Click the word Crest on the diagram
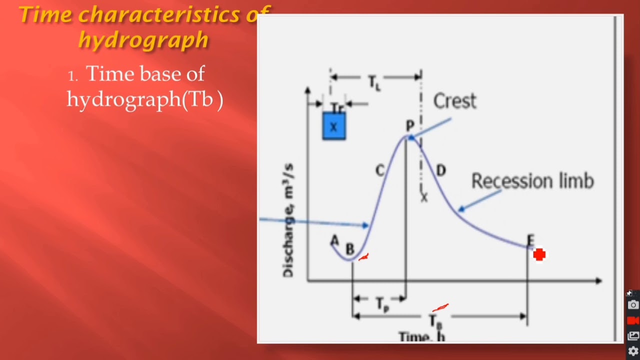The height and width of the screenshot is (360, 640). pyautogui.click(x=454, y=101)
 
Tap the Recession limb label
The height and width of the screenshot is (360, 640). pyautogui.click(x=532, y=181)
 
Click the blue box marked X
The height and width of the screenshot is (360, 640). pyautogui.click(x=334, y=126)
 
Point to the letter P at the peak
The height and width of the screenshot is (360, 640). pyautogui.click(x=410, y=126)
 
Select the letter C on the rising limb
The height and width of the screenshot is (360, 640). pyautogui.click(x=379, y=171)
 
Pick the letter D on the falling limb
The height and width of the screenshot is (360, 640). pyautogui.click(x=440, y=171)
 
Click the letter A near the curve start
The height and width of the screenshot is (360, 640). pyautogui.click(x=334, y=241)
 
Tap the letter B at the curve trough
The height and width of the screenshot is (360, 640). pyautogui.click(x=349, y=249)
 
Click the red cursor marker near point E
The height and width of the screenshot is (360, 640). pyautogui.click(x=539, y=255)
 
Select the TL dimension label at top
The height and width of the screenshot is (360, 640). pyautogui.click(x=374, y=81)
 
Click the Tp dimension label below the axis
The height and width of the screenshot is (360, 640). pyautogui.click(x=381, y=303)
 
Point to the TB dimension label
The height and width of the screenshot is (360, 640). pyautogui.click(x=436, y=320)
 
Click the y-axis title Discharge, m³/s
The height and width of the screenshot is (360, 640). pyautogui.click(x=288, y=220)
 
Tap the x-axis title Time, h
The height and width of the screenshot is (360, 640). pyautogui.click(x=421, y=337)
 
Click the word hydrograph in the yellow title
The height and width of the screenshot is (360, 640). pyautogui.click(x=143, y=40)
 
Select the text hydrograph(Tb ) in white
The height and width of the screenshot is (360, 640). pyautogui.click(x=145, y=99)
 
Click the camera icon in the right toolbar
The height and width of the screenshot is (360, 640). pyautogui.click(x=633, y=304)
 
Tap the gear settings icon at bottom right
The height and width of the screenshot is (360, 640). pyautogui.click(x=633, y=351)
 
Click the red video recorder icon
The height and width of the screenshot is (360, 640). pyautogui.click(x=633, y=320)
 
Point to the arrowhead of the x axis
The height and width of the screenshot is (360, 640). pyautogui.click(x=598, y=281)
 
